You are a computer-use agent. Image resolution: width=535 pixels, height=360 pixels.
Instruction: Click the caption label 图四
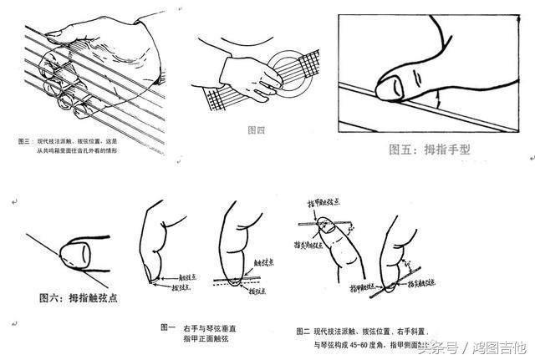[x=257, y=130]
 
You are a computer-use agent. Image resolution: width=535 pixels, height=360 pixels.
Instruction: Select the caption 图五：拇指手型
[x=435, y=150]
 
